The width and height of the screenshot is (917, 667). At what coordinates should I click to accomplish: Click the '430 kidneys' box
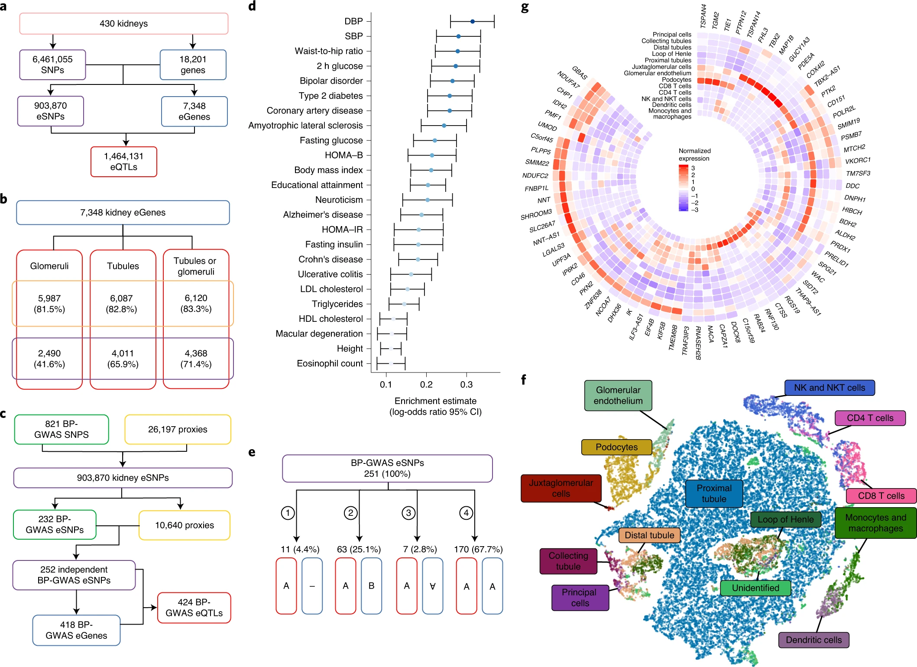(123, 24)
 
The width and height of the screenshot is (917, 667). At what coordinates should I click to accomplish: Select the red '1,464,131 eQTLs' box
(123, 162)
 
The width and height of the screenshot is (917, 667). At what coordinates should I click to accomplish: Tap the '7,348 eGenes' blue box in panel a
(194, 111)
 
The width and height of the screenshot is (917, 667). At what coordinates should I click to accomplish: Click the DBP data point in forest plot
(473, 21)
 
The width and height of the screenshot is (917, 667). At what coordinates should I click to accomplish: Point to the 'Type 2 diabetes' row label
(331, 96)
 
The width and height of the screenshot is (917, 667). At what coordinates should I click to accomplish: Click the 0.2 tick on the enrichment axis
(426, 384)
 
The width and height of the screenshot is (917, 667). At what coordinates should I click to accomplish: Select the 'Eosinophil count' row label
(330, 363)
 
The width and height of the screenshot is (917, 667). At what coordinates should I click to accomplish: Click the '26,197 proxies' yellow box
(178, 429)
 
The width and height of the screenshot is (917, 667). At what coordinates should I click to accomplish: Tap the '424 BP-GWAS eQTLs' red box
(194, 608)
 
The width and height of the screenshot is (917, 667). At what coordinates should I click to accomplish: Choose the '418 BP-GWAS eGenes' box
(76, 630)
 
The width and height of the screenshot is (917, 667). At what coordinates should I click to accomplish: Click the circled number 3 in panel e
(408, 513)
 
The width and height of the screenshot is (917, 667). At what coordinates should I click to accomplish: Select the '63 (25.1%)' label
(359, 549)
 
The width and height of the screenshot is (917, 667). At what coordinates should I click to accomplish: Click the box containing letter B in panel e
(371, 586)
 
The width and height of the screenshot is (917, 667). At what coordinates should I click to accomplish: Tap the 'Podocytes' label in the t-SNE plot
(616, 447)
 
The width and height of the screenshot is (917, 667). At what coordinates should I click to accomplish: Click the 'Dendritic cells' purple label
(813, 640)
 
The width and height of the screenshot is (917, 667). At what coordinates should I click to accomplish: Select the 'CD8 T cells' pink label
(881, 495)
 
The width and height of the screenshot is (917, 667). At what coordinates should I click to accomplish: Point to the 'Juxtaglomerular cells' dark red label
(561, 488)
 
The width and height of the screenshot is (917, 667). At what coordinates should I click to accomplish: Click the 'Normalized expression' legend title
(694, 155)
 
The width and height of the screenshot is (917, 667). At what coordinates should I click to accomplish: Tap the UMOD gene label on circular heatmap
(547, 126)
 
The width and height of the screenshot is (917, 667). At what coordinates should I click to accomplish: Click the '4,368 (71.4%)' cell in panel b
(196, 359)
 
